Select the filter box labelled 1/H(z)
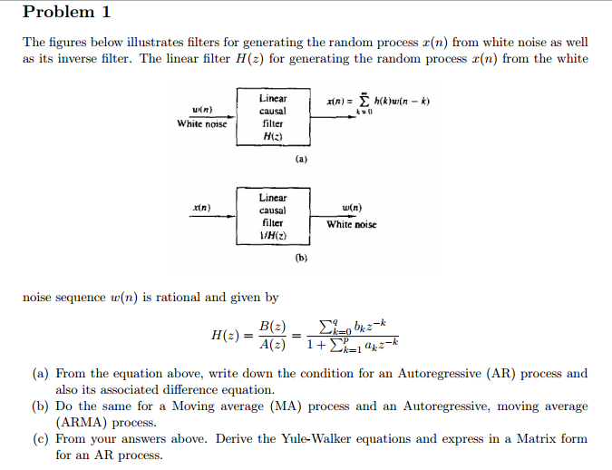point(273,216)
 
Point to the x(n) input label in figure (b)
point(201,208)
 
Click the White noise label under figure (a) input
point(202,123)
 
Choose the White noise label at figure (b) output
point(351,224)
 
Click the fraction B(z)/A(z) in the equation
point(272,335)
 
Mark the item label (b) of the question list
point(40,406)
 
